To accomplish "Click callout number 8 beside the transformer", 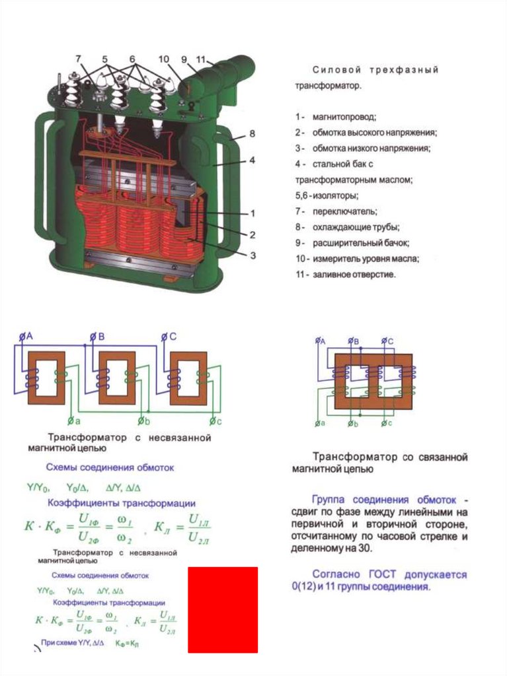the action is pos(252,134).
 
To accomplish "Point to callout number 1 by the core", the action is pos(252,213).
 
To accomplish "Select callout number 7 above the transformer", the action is pos(79,59).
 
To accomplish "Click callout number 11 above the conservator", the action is pos(202,59).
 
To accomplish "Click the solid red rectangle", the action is pos(223,609).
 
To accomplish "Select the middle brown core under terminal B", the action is pos(117,378).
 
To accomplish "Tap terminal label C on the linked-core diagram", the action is pos(390,341).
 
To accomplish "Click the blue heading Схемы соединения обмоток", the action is pos(110,467).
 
